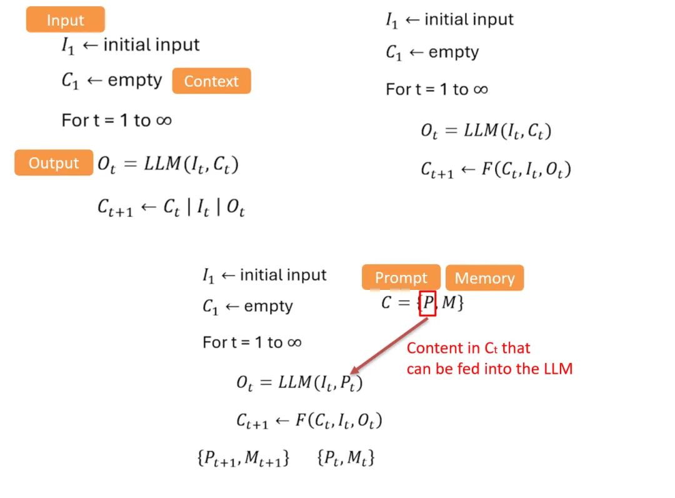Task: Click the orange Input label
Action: point(65,20)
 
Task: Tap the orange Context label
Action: point(211,81)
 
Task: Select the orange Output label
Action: point(54,163)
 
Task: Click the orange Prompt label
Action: point(401,278)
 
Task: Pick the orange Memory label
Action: point(484,278)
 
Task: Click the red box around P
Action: point(427,304)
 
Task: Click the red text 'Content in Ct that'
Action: point(468,348)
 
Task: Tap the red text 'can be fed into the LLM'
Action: point(489,369)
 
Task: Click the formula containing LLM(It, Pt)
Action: point(299,383)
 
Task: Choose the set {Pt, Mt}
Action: point(346,458)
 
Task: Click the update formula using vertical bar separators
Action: point(171,207)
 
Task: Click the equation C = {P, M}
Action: point(422,304)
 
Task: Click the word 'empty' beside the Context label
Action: point(134,81)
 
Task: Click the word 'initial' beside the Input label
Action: point(126,45)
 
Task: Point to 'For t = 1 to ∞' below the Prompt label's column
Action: point(252,342)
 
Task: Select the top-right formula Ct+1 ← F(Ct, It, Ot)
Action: point(496,169)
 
